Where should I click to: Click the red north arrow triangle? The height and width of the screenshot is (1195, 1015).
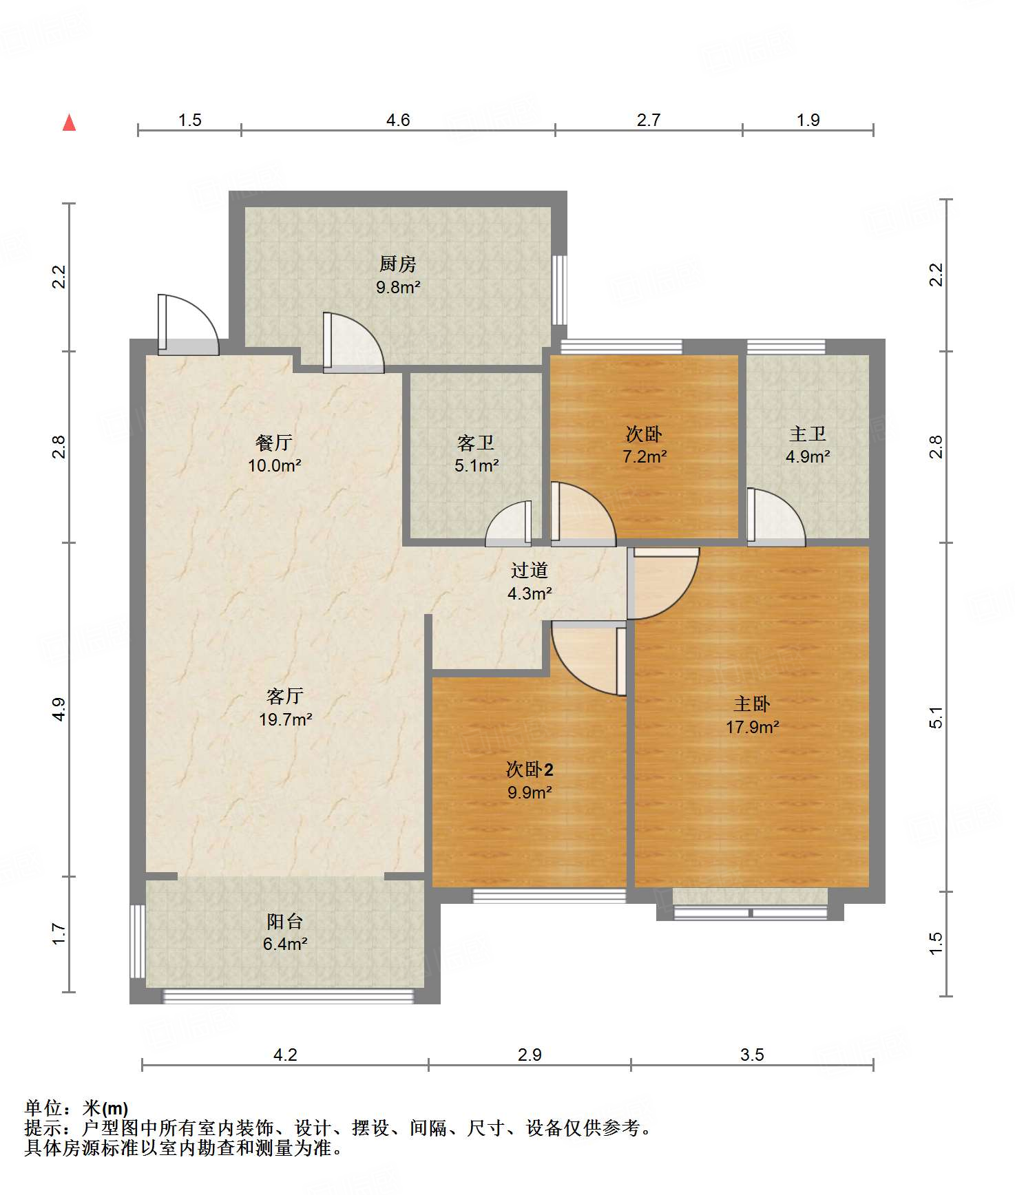tap(69, 123)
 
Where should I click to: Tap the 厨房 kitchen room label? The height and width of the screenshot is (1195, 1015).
tap(398, 264)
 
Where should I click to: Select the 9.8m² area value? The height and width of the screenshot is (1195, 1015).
tap(398, 287)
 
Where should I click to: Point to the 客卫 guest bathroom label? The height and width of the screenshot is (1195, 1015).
tap(476, 443)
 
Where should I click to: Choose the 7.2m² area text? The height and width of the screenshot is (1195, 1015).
tap(645, 456)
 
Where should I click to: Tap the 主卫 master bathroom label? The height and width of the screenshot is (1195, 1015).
tap(808, 434)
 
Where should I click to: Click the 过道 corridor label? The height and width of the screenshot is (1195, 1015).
tap(530, 570)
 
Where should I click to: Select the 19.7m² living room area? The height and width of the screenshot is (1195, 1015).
tap(285, 719)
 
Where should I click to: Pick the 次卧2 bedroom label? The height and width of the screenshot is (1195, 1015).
tap(530, 770)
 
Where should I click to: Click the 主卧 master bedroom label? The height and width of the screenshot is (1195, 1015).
tap(752, 704)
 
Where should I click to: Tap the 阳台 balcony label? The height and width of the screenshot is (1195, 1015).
tap(285, 921)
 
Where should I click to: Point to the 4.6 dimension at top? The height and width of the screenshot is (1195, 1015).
tap(398, 120)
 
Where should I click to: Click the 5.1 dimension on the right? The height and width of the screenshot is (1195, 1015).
tap(936, 718)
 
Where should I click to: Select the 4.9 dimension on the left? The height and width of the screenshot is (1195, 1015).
tap(59, 709)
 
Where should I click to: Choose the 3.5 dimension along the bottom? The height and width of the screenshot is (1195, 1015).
tap(752, 1055)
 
